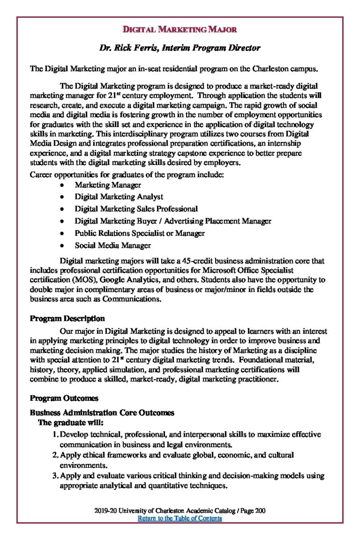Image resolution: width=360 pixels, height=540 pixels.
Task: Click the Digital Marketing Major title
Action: click(180, 30)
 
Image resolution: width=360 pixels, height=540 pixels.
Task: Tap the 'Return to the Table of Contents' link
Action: click(180, 518)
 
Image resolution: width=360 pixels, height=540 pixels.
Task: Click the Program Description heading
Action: click(67, 318)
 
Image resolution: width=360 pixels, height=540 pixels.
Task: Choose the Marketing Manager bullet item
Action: click(108, 185)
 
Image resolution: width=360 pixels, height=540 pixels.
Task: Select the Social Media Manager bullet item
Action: click(113, 245)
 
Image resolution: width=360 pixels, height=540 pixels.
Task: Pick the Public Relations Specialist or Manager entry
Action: click(140, 233)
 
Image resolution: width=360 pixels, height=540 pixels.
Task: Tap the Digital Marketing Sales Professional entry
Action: click(136, 209)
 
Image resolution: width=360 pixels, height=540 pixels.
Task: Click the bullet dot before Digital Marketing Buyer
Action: click(63, 221)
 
